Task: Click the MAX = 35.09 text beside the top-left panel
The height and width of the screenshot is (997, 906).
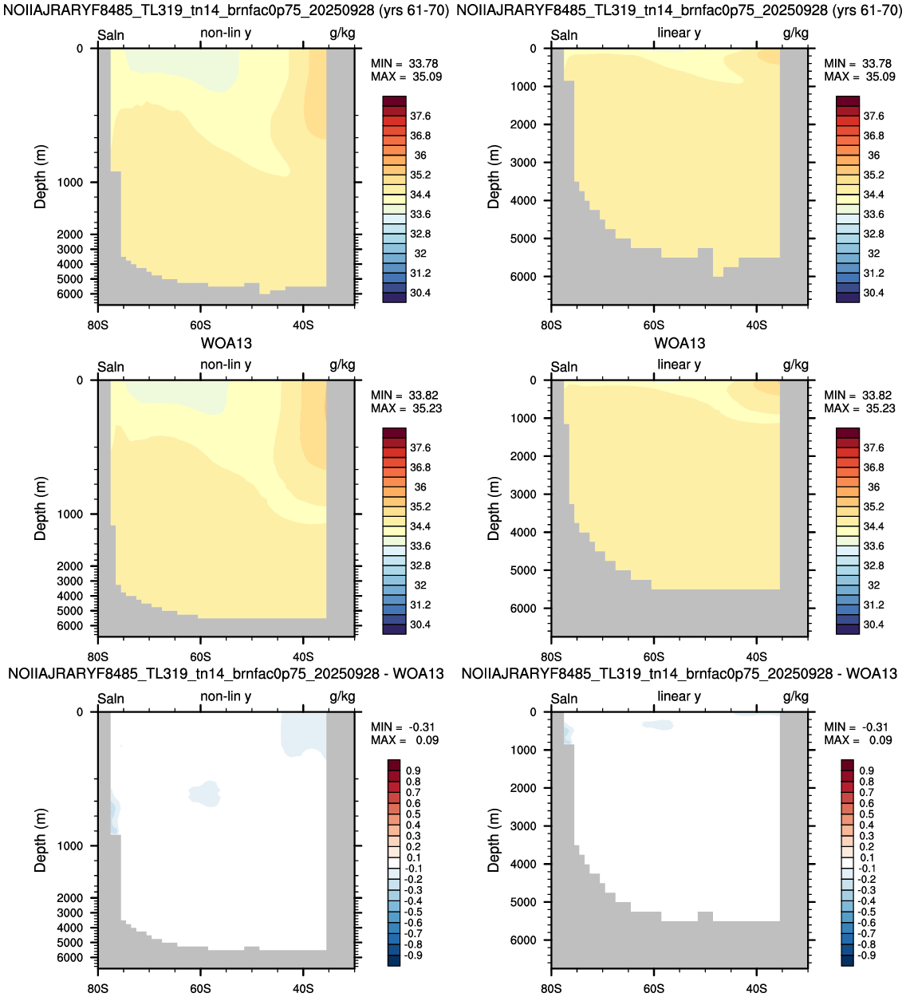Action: (406, 77)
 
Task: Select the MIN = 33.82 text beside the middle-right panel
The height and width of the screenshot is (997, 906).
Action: (859, 395)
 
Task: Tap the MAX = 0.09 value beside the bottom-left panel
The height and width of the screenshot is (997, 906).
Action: (404, 740)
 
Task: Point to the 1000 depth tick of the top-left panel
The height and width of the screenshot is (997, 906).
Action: (69, 183)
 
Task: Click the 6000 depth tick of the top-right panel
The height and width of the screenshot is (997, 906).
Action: (523, 277)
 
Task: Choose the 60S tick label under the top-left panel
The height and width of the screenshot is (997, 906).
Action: (200, 325)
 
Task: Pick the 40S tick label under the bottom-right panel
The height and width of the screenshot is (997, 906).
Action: (756, 988)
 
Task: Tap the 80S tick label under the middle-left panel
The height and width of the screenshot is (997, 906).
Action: (97, 656)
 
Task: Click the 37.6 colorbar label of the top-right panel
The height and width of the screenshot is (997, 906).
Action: (873, 116)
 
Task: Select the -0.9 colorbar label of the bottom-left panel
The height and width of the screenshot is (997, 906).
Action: (413, 956)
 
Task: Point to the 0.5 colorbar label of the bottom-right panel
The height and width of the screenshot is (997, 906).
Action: (867, 814)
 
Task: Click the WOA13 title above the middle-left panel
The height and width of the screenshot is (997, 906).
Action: (226, 343)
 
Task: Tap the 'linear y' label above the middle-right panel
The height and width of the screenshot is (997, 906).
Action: (679, 365)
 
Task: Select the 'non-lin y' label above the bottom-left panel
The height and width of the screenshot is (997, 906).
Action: (226, 696)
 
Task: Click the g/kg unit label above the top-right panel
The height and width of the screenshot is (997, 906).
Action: (796, 33)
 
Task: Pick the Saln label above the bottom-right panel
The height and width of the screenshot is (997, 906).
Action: (564, 698)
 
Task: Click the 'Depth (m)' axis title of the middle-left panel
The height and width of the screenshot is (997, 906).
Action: (40, 508)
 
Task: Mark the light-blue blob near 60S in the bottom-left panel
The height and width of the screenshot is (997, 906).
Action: (204, 794)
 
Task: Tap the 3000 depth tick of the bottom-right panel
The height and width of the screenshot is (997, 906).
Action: (523, 826)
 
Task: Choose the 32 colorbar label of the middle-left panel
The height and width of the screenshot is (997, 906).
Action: (420, 585)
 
